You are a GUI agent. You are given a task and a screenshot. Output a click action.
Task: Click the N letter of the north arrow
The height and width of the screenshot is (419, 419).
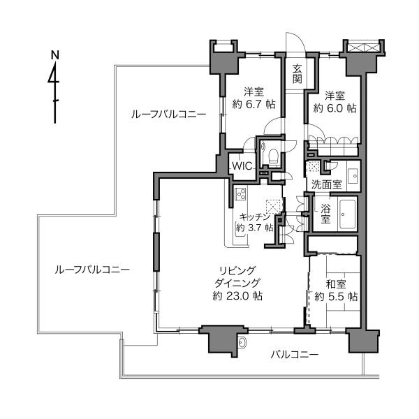tap(55, 55)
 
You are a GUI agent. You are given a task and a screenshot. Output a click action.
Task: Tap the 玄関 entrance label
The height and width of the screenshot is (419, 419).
tap(297, 74)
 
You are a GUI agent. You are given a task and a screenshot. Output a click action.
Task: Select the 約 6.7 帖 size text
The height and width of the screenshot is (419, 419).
tap(254, 104)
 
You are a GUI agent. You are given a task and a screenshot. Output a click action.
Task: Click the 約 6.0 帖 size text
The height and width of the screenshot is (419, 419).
tap(335, 108)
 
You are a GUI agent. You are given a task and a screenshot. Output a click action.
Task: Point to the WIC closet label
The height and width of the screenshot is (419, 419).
tap(242, 166)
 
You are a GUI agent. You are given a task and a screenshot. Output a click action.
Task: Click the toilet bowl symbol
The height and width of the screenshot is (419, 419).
tap(273, 156)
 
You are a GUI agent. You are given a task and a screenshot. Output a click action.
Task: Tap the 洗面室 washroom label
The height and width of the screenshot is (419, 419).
tap(327, 184)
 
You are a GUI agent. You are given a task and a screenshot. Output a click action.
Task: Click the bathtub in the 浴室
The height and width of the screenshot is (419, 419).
tap(347, 214)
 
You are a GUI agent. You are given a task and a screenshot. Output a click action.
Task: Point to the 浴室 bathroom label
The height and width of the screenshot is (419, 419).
tap(325, 214)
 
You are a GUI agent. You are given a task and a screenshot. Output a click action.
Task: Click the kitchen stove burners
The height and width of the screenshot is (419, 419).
tap(241, 194)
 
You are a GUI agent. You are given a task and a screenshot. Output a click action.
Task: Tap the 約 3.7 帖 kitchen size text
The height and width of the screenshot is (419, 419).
tap(255, 228)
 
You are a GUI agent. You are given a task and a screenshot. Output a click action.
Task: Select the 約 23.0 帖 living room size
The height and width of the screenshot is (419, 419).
tap(237, 296)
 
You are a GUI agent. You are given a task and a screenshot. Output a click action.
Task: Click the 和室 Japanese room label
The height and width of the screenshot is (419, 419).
tap(336, 284)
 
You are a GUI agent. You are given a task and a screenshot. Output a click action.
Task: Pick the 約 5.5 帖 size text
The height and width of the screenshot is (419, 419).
tap(336, 297)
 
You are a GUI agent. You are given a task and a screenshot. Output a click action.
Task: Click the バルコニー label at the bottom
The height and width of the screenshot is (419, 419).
tap(295, 355)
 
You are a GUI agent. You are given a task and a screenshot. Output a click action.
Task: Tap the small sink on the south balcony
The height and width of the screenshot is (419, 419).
tap(242, 341)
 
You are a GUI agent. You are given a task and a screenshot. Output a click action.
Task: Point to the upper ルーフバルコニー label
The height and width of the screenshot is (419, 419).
tap(168, 115)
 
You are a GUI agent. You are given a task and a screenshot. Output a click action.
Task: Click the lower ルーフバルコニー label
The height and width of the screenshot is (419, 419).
tap(92, 270)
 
